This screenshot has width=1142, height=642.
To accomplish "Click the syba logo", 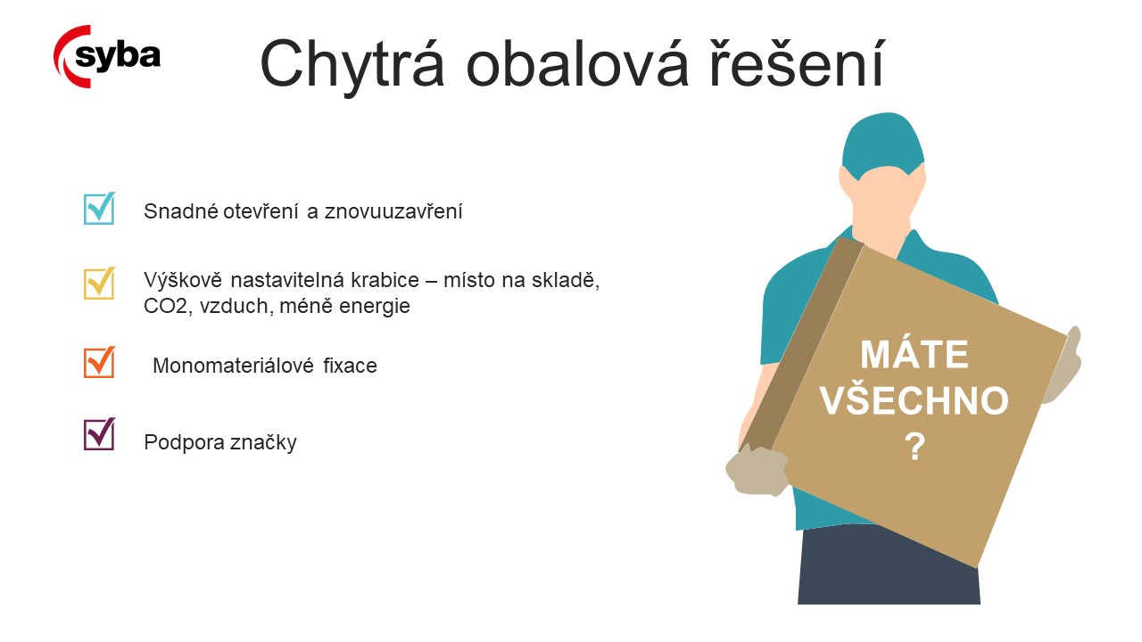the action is [107, 56].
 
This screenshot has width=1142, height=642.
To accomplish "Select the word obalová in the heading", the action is [577, 63].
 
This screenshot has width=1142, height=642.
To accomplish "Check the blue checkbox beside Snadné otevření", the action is [99, 208].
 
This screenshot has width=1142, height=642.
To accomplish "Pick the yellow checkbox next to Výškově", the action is [99, 283].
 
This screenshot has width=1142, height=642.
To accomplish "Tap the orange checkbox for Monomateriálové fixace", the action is [99, 362].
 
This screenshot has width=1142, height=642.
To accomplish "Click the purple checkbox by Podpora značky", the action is [99, 434].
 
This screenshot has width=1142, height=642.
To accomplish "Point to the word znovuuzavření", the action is [393, 211].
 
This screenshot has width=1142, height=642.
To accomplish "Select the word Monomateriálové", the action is [233, 366].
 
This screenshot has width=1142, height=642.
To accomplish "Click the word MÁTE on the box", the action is [914, 354].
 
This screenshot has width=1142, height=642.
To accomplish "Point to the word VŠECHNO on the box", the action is [914, 400].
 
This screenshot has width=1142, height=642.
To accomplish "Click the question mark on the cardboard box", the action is [915, 447].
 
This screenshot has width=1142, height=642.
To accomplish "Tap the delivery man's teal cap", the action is [883, 145].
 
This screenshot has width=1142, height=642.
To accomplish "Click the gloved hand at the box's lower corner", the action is [757, 470].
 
